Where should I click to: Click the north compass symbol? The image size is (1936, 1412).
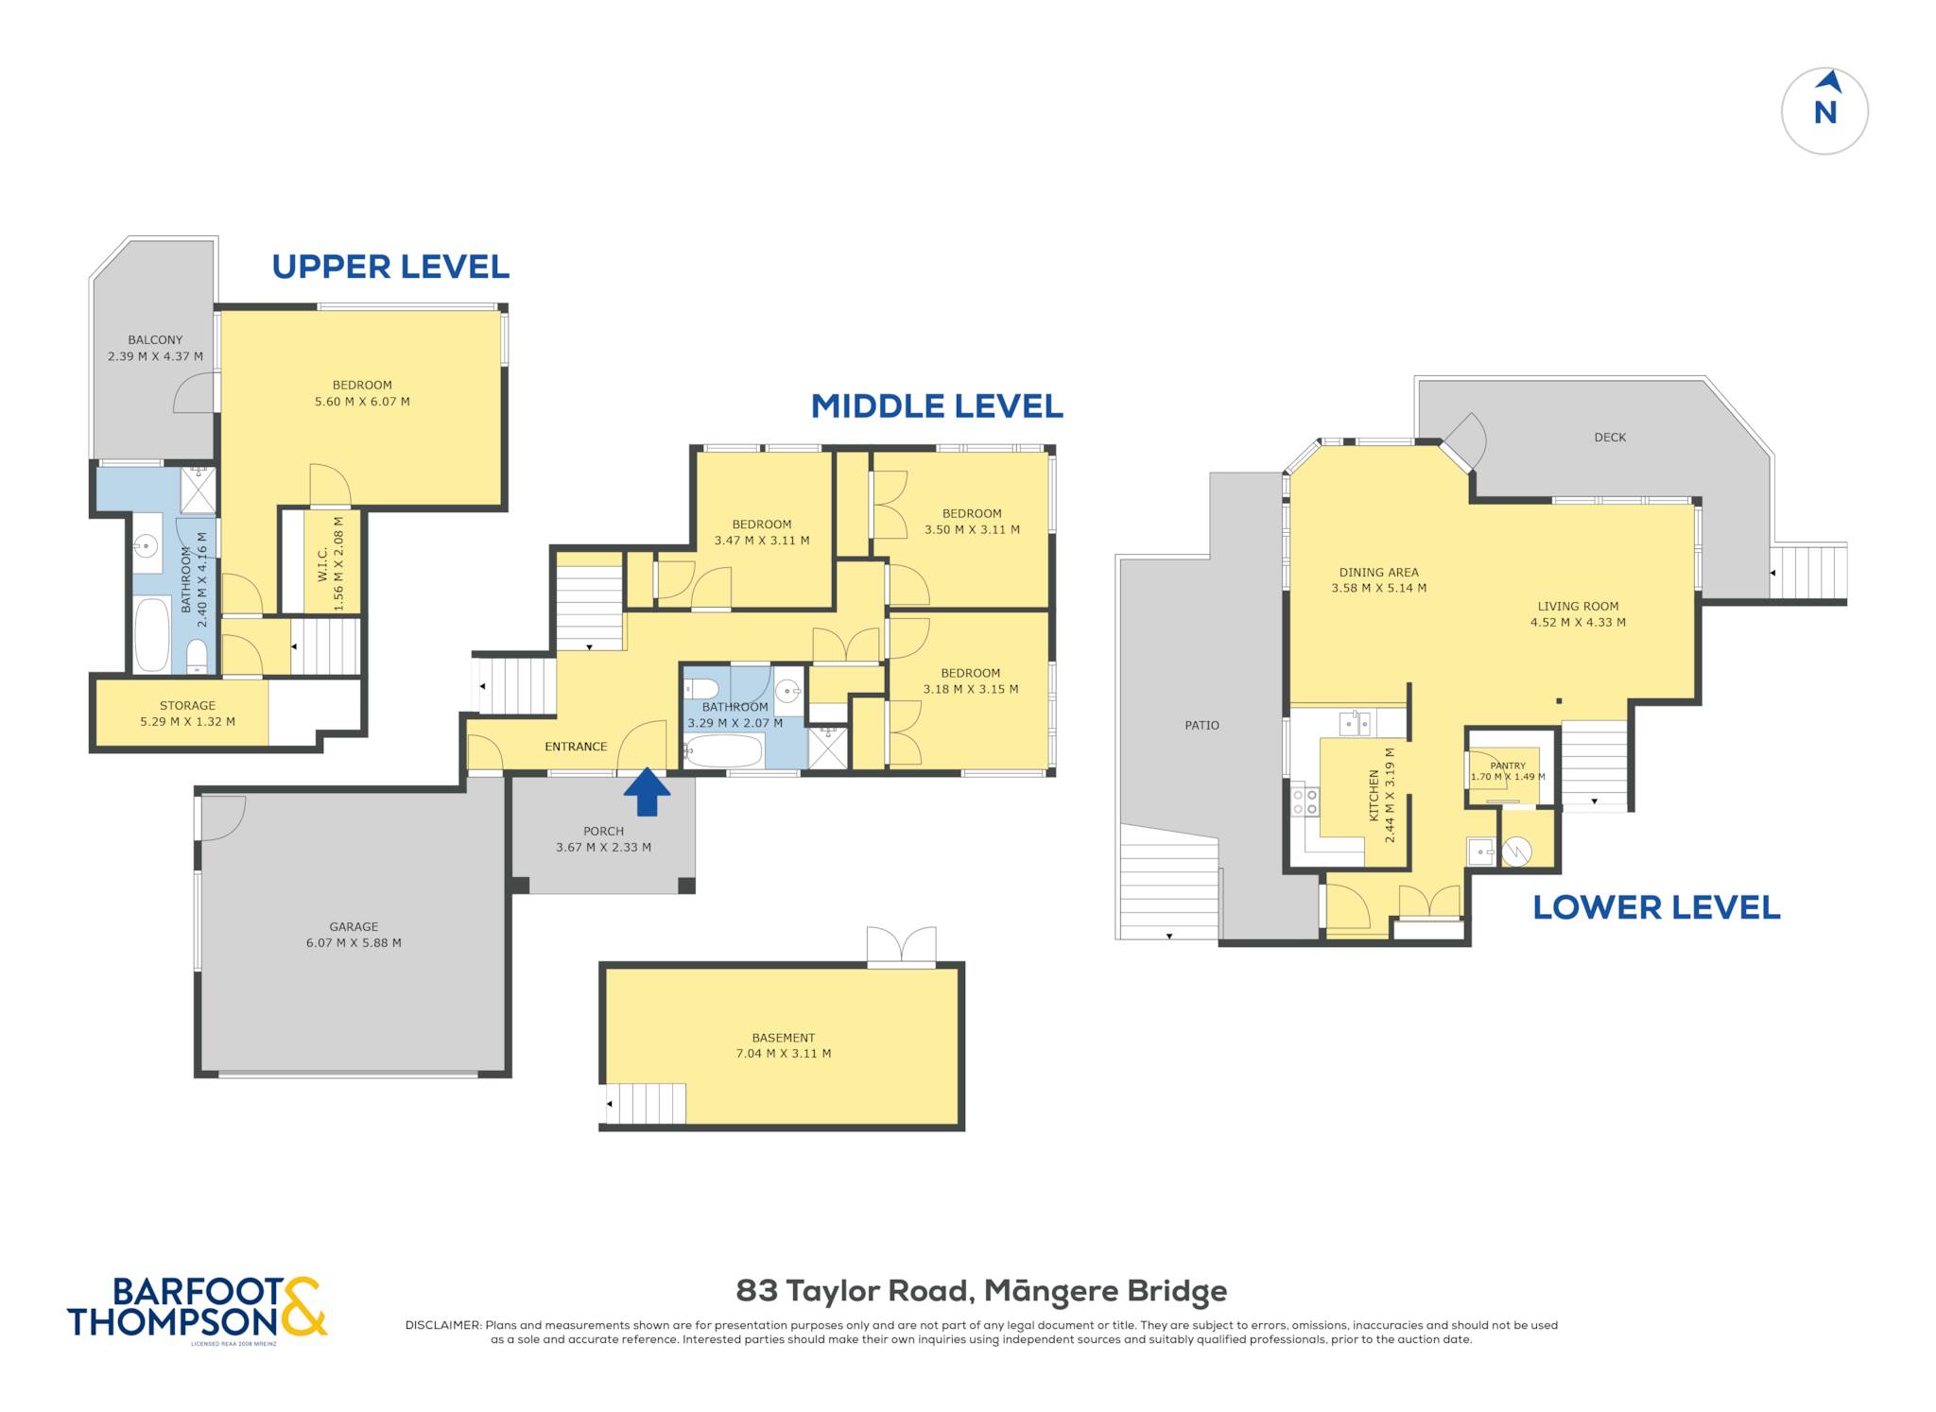click(1824, 111)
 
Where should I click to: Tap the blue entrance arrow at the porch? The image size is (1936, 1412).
click(647, 791)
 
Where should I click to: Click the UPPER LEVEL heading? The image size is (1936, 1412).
click(390, 267)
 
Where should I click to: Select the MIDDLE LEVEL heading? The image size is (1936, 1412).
click(937, 406)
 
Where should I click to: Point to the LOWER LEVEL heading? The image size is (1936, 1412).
click(1656, 907)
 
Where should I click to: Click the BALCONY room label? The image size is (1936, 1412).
click(155, 339)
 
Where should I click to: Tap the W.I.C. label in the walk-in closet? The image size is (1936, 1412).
click(322, 564)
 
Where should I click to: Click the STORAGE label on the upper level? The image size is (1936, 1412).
click(187, 705)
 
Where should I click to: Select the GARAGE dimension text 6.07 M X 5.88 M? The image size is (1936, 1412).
click(354, 942)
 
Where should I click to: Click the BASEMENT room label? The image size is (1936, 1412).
click(784, 1037)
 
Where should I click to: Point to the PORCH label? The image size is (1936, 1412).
click(603, 831)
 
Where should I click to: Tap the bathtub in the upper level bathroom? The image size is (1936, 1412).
click(151, 634)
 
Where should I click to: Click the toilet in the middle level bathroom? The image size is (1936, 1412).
click(702, 687)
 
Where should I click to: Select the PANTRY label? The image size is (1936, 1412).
click(1507, 766)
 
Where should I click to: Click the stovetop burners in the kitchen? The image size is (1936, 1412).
click(1305, 801)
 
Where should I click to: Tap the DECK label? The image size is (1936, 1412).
click(1610, 437)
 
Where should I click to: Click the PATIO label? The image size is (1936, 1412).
click(1201, 725)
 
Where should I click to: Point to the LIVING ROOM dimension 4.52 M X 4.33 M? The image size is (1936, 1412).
click(1578, 622)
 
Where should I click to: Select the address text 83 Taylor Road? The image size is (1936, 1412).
click(854, 1290)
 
